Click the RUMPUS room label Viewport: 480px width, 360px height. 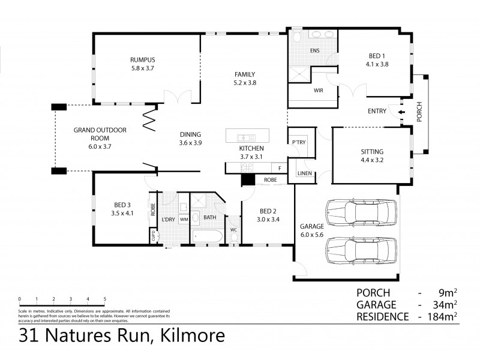click(143, 59)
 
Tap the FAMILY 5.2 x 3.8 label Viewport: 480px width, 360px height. click(245, 74)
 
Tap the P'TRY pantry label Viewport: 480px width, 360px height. click(298, 142)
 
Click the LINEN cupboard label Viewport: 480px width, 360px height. click(304, 173)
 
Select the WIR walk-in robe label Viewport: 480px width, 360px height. click(319, 91)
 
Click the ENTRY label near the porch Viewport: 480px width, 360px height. click(377, 111)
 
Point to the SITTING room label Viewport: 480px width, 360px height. click(372, 152)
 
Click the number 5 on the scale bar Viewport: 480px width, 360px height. click(104, 298)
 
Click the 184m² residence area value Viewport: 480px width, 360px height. click(443, 316)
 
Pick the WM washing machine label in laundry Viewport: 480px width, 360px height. click(184, 220)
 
